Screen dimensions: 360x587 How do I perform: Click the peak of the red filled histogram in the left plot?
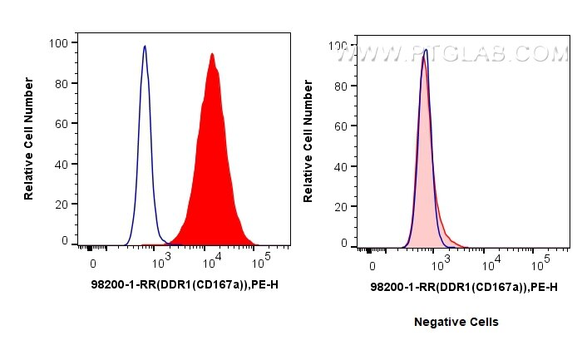213,55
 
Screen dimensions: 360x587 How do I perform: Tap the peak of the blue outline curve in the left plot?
145,47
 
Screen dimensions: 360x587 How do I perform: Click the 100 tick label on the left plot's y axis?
59,42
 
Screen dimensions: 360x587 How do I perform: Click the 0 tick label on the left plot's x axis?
93,263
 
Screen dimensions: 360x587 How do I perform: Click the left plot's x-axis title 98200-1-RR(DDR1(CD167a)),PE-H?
184,284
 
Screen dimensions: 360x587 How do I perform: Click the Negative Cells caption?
456,322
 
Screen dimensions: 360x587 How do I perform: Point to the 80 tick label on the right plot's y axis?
338,85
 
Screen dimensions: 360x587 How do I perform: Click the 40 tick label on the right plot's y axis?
338,165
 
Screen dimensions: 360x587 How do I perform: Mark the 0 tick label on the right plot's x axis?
372,267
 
